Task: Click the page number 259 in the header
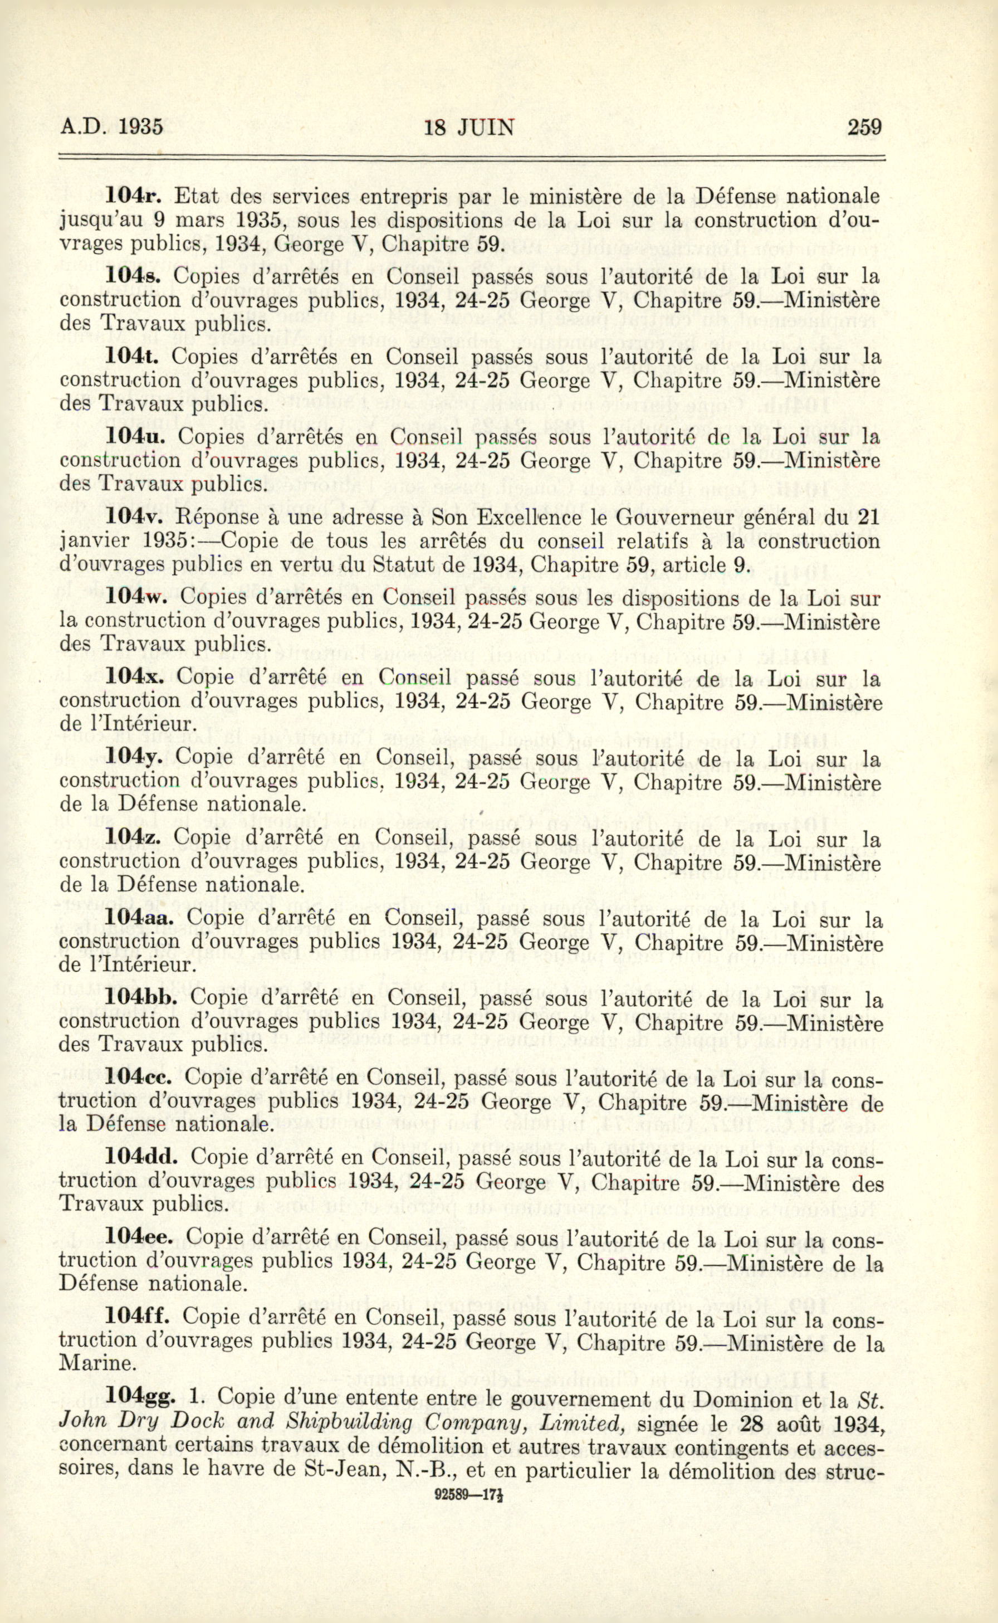[865, 126]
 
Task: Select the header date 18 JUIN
[469, 126]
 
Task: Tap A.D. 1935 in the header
[111, 126]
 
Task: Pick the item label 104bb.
[146, 999]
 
